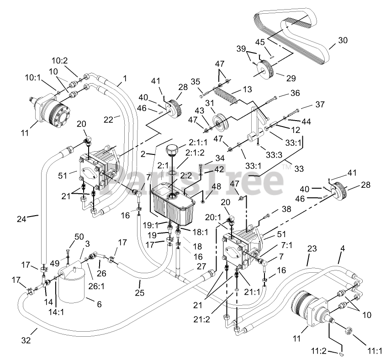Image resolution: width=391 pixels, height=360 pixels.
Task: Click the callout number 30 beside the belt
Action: click(343, 40)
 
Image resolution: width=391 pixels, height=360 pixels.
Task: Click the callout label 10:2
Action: click(59, 60)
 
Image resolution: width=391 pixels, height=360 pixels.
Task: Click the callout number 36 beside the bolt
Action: click(295, 93)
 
